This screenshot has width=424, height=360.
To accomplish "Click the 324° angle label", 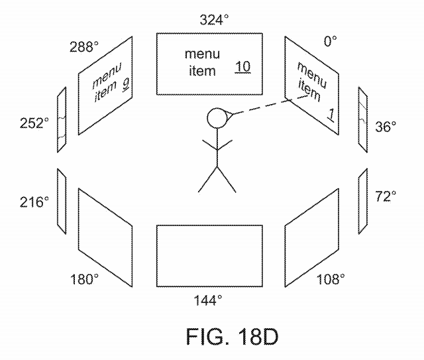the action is click(214, 20).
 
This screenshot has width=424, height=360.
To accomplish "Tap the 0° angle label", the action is click(330, 41).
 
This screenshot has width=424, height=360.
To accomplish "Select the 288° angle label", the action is click(84, 46).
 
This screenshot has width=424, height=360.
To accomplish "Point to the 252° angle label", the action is click(34, 123).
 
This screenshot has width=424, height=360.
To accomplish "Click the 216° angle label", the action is click(34, 202).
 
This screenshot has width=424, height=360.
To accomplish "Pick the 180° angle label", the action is click(84, 279).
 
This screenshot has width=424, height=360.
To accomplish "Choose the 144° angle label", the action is click(207, 300).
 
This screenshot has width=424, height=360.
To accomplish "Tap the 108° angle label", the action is click(331, 279).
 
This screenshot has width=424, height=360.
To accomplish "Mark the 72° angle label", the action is click(386, 196).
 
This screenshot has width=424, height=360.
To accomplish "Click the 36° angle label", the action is click(386, 127).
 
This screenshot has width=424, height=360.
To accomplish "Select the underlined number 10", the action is click(242, 67).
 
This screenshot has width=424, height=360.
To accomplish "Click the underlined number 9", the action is click(126, 84).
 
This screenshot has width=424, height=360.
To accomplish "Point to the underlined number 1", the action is click(331, 115).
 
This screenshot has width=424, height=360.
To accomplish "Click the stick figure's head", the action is click(217, 118).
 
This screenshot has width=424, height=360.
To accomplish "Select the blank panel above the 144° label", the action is click(209, 256).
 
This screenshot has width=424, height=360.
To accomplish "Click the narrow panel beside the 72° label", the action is click(363, 202).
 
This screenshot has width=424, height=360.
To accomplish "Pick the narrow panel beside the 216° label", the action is click(62, 202).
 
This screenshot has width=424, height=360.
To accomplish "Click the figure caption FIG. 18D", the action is click(232, 336).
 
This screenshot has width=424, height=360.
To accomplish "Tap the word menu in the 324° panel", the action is click(202, 54).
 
